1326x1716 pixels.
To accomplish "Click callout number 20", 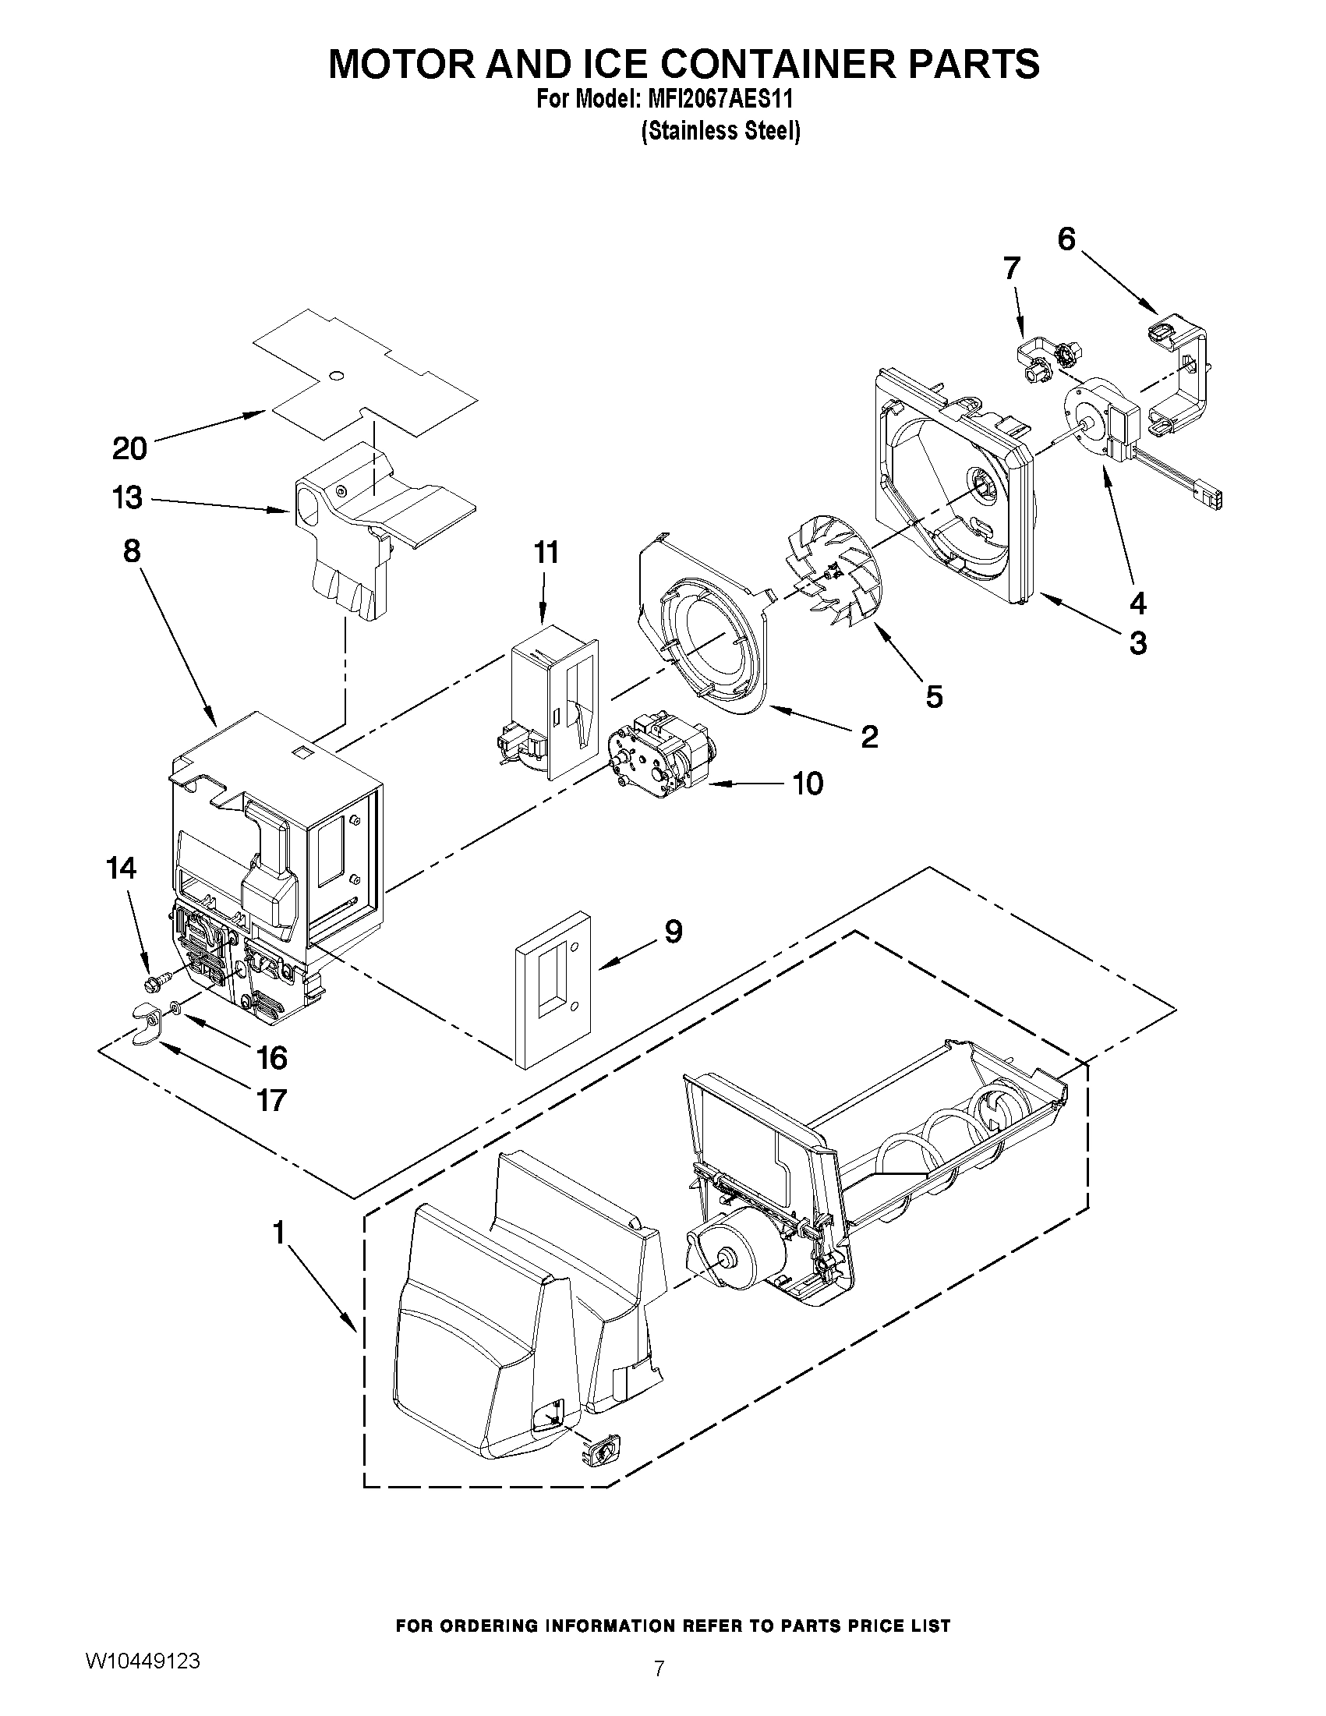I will click(129, 448).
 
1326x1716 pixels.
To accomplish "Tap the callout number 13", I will click(127, 498).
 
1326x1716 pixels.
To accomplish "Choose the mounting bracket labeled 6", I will click(1179, 373).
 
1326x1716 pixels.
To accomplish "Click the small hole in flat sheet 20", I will click(336, 377).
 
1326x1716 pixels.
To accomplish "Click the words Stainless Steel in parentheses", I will click(720, 131).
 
